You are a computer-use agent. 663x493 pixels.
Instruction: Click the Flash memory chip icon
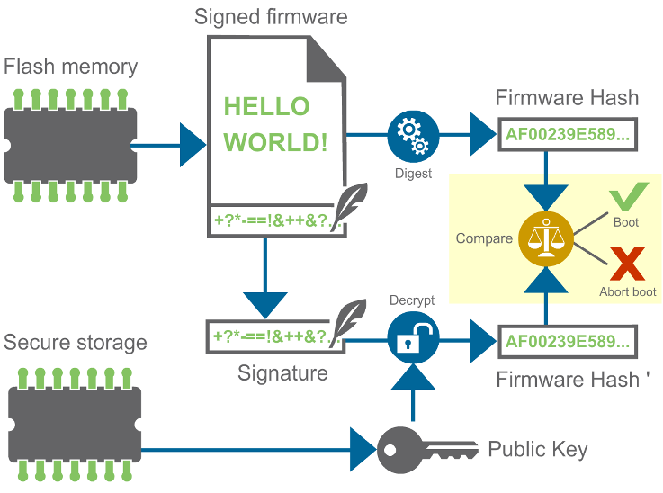click(x=69, y=144)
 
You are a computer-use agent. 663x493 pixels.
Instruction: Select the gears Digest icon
click(x=412, y=136)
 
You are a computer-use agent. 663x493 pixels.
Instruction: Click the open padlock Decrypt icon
click(x=412, y=338)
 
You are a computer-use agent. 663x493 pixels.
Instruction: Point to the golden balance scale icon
click(x=545, y=238)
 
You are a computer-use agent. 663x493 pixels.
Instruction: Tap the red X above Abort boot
click(x=627, y=266)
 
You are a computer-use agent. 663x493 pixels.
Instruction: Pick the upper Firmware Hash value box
click(x=568, y=135)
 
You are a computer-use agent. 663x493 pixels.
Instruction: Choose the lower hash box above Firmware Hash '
click(x=568, y=342)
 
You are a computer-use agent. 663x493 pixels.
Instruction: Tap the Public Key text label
click(x=537, y=449)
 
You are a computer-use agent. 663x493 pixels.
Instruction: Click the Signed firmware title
click(x=270, y=16)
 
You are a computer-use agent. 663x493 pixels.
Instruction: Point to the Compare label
click(x=484, y=238)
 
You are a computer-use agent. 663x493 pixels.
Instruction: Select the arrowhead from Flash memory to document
click(x=193, y=144)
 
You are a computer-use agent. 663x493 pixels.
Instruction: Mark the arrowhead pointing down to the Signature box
click(x=265, y=304)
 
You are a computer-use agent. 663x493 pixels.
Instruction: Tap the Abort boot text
click(x=627, y=291)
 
